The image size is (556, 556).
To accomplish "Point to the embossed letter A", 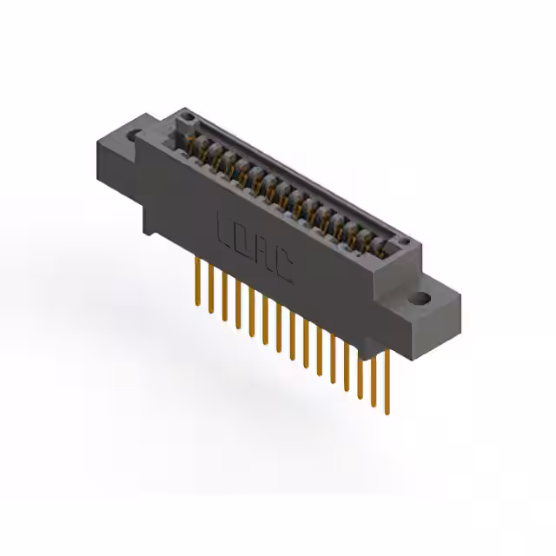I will pyautogui.click(x=264, y=254).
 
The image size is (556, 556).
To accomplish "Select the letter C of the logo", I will pyautogui.click(x=284, y=268).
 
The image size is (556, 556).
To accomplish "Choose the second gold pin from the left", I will pyautogui.click(x=208, y=287).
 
